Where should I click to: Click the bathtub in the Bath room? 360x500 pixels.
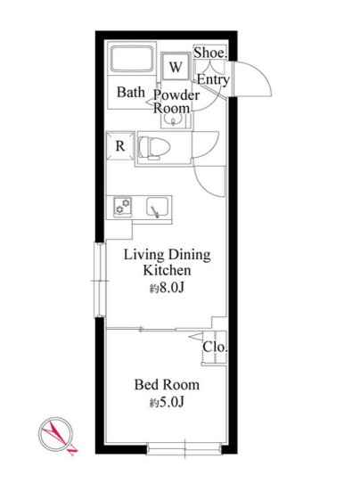(x=132, y=59)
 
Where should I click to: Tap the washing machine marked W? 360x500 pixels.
(x=176, y=67)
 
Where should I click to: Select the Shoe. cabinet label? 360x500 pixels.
(x=210, y=53)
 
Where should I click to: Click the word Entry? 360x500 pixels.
(x=213, y=79)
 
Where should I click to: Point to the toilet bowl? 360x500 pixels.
(x=154, y=148)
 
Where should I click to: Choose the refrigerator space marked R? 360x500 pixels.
(x=120, y=146)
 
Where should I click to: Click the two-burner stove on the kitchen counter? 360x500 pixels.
(x=122, y=207)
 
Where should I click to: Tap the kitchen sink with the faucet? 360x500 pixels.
(x=158, y=208)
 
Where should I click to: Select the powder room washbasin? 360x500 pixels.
(x=174, y=120)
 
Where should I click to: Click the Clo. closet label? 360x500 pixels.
(x=216, y=347)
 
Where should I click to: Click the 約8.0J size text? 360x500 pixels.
(x=167, y=288)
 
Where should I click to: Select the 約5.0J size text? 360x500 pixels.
(x=167, y=403)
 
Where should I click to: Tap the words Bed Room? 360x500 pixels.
(x=167, y=384)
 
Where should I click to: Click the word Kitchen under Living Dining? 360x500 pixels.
(x=167, y=270)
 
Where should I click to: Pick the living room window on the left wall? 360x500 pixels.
(x=100, y=280)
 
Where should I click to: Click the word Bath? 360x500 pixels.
(x=131, y=93)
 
